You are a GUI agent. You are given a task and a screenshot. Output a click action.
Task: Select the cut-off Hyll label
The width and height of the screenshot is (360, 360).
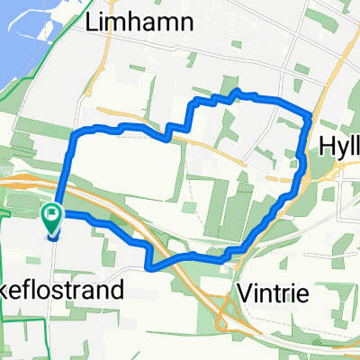click(x=340, y=145)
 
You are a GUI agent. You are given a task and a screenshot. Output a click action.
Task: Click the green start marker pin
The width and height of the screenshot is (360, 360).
click(x=52, y=220)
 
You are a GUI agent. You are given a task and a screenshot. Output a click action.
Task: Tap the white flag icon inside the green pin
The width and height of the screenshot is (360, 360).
click(x=52, y=216)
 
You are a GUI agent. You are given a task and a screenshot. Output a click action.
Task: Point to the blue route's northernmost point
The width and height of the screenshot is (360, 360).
click(x=237, y=91)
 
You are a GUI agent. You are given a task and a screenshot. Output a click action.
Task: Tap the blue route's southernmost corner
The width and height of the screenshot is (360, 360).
click(x=148, y=267)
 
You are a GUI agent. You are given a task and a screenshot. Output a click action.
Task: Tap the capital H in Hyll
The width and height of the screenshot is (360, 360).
click(x=328, y=145)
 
